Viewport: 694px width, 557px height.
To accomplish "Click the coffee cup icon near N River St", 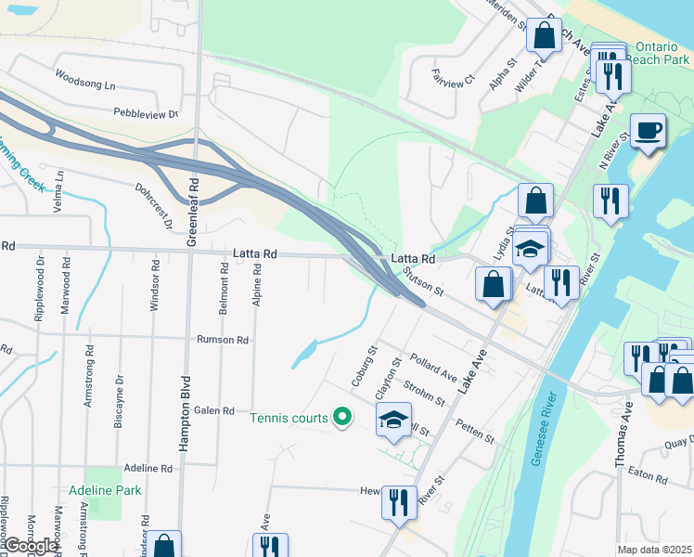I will [x=647, y=130].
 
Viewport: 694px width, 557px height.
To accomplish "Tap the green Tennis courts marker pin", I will [x=342, y=418].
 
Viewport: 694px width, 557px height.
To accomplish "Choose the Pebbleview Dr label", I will [x=147, y=113].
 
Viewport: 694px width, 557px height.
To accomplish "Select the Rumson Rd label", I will [x=223, y=340].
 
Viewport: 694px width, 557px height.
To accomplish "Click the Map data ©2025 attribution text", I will [x=654, y=550].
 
